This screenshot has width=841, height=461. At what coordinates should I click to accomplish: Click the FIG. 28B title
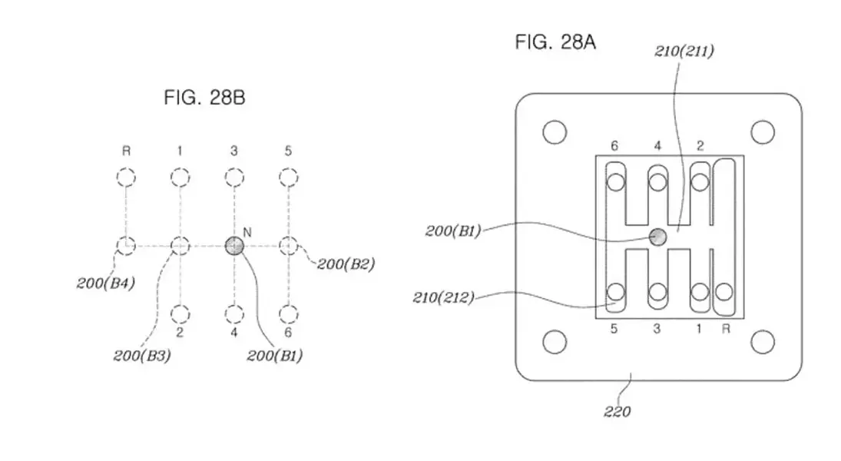[x=204, y=98]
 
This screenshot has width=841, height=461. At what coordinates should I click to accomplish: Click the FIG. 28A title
[x=555, y=41]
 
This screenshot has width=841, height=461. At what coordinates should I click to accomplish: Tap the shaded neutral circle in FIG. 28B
[x=233, y=246]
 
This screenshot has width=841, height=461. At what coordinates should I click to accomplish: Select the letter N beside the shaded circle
[x=247, y=232]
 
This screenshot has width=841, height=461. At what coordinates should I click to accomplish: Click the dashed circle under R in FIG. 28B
[x=126, y=177]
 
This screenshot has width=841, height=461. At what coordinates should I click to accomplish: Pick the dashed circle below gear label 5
[x=289, y=177]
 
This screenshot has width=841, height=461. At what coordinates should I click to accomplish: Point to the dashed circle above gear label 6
[x=289, y=314]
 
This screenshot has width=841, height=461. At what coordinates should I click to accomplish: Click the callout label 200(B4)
[x=106, y=283]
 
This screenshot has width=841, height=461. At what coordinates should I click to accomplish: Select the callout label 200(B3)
[x=142, y=355]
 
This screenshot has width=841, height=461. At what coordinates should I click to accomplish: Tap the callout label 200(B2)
[x=346, y=264]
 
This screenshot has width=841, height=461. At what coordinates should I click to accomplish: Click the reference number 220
[x=617, y=412]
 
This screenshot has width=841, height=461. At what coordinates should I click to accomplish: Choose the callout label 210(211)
[x=684, y=51]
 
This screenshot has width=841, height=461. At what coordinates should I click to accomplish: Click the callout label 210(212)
[x=444, y=297]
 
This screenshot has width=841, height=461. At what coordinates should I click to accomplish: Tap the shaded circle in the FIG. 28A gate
[x=657, y=237]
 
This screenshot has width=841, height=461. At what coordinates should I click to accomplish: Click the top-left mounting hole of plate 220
[x=555, y=132]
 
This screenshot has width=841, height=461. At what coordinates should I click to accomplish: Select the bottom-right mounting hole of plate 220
[x=763, y=342]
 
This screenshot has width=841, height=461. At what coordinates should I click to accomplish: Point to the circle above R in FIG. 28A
[x=724, y=293]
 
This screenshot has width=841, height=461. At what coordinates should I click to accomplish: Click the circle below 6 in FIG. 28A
[x=615, y=182]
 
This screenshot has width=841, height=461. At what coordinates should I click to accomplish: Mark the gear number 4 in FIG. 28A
[x=657, y=145]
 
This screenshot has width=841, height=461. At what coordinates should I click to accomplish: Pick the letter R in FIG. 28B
[x=126, y=151]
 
